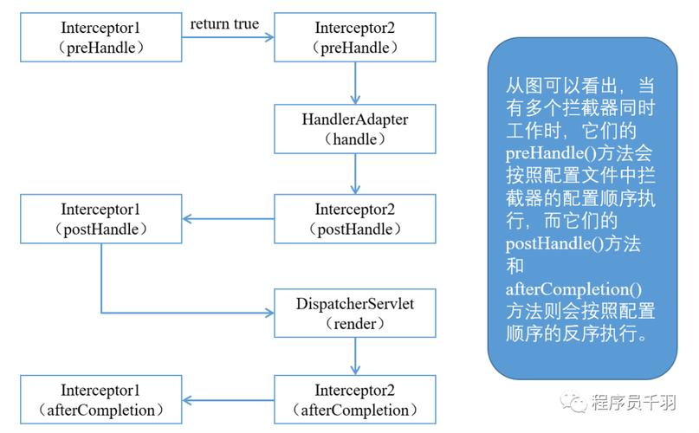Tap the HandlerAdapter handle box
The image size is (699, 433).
tap(356, 128)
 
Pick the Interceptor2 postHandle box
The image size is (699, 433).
tap(356, 219)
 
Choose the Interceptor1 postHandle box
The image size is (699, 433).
tap(100, 219)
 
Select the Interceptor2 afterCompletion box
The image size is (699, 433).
tap(356, 399)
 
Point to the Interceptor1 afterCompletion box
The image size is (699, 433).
tap(100, 399)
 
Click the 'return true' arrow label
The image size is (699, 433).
tap(224, 23)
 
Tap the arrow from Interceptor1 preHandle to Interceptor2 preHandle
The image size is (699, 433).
tap(227, 37)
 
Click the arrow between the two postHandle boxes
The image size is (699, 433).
tap(227, 219)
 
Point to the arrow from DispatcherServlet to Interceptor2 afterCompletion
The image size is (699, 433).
tap(356, 356)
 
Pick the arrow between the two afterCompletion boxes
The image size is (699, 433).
tap(227, 400)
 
